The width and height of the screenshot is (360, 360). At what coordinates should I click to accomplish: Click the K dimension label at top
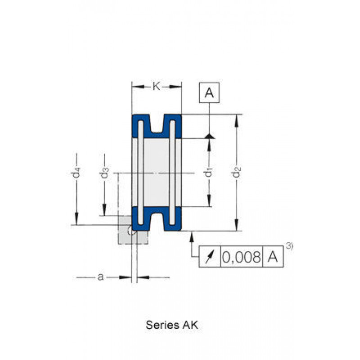pos(156,86)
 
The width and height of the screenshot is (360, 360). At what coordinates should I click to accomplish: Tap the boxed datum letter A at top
pos(209,93)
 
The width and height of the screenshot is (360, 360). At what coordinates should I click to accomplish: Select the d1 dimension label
pos(208,172)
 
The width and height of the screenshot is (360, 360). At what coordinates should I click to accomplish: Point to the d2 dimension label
pos(237,172)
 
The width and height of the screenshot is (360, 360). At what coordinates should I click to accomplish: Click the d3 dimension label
pos(105,172)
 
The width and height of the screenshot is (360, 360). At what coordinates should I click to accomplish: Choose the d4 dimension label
pos(76,172)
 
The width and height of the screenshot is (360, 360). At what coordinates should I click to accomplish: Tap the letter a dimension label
pos(100,277)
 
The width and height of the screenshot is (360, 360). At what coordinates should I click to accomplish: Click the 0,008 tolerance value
pos(241,256)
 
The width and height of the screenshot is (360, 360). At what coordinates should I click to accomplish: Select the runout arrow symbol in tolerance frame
pos(210,257)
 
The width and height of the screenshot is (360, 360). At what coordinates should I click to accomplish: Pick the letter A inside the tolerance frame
pos(273,256)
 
